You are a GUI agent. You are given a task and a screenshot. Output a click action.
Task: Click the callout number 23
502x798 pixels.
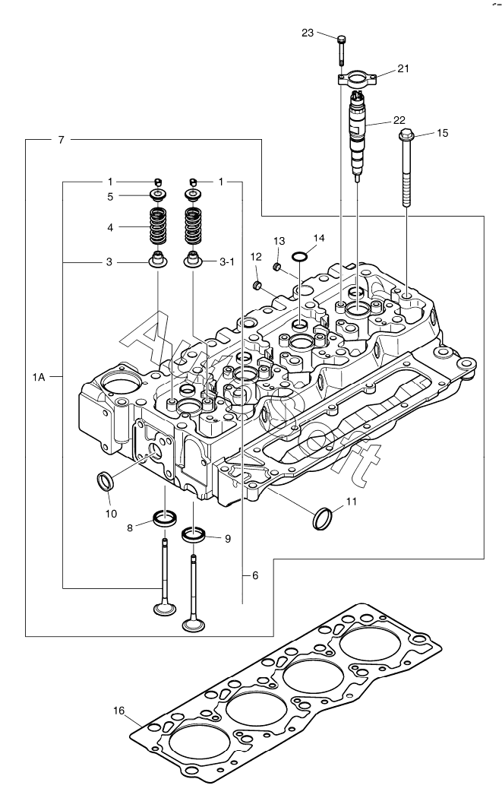point(307,33)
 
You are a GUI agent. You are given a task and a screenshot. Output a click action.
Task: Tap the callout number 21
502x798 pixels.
point(403,68)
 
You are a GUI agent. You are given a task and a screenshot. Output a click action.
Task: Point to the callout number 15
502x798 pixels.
point(442,133)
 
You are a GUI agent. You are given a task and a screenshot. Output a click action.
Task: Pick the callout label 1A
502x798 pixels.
point(40,376)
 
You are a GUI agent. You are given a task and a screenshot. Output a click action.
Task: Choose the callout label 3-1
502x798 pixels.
point(226,261)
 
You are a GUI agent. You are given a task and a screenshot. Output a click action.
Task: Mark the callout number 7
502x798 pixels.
point(60,140)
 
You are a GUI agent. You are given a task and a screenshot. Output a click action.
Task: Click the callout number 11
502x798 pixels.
point(351,502)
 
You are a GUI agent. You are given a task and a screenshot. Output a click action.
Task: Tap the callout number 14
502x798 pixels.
point(319,238)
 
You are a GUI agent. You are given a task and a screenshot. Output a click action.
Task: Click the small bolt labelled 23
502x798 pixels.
point(341,47)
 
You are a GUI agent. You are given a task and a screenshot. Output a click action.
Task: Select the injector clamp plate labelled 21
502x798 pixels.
point(356,78)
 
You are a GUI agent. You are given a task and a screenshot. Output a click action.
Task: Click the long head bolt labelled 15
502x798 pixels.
point(406,171)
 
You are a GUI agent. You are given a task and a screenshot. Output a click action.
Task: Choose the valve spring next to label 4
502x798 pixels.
point(157,225)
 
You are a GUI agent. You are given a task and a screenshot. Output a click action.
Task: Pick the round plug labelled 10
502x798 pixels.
point(105,480)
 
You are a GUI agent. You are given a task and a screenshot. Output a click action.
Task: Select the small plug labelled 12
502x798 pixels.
point(258,286)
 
